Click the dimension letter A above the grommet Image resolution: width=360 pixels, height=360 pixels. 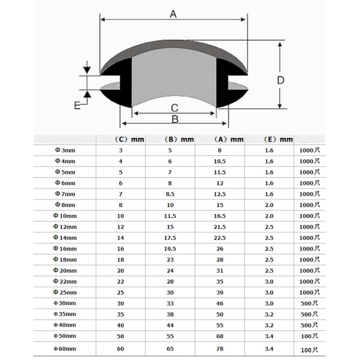pyautogui.click(x=173, y=14)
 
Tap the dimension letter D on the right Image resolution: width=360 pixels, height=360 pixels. pyautogui.click(x=280, y=80)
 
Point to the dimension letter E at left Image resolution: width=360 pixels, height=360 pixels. pyautogui.click(x=77, y=105)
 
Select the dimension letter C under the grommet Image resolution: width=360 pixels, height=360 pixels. pyautogui.click(x=175, y=108)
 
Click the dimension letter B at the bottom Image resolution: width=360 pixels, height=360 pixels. pyautogui.click(x=175, y=119)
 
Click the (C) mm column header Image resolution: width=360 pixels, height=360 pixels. pyautogui.click(x=130, y=139)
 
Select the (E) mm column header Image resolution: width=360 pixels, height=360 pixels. pyautogui.click(x=278, y=139)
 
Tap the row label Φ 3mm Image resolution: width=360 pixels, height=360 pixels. pyautogui.click(x=65, y=150)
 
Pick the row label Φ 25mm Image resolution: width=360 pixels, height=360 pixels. pyautogui.click(x=65, y=292)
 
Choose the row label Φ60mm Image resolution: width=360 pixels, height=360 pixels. pyautogui.click(x=65, y=349)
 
